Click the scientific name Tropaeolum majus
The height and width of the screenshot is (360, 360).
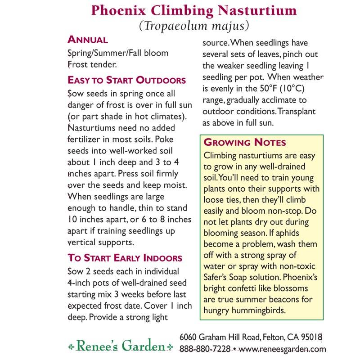coord(194,26)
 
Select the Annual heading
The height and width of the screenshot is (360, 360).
coord(87,40)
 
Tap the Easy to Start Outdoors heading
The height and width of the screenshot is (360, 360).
coord(126,80)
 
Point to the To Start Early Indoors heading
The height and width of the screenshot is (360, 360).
coord(125,258)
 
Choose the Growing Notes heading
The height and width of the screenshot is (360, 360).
coord(245,143)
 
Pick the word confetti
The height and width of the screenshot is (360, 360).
coord(247,288)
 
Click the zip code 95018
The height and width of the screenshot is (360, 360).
coord(310,337)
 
